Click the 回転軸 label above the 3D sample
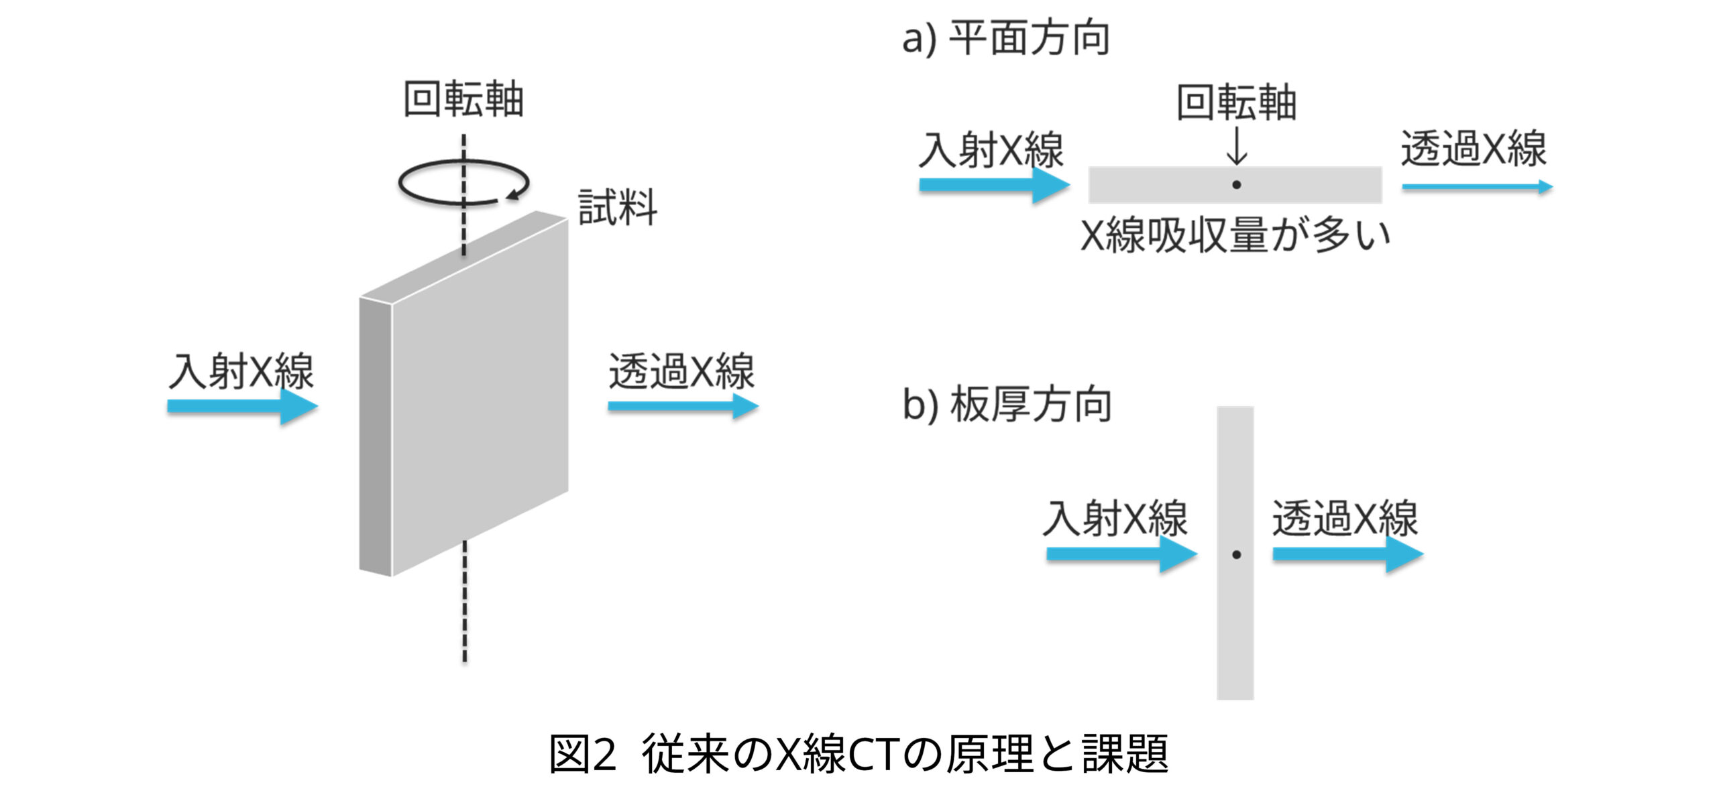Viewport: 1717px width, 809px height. pyautogui.click(x=463, y=101)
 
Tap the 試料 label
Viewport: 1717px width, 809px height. pyautogui.click(x=617, y=208)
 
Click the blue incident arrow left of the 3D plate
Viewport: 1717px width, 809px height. pyautogui.click(x=241, y=406)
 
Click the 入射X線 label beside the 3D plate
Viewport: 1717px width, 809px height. pyautogui.click(x=241, y=371)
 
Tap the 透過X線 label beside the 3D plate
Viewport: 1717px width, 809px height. pyautogui.click(x=681, y=371)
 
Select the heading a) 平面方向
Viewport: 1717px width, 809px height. pyautogui.click(x=1005, y=38)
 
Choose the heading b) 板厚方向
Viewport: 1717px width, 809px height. pyautogui.click(x=1007, y=405)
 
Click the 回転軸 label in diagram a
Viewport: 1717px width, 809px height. pyautogui.click(x=1236, y=103)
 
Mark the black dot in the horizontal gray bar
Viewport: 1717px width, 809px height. pyautogui.click(x=1236, y=185)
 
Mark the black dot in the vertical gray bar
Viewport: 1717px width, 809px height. pyautogui.click(x=1236, y=555)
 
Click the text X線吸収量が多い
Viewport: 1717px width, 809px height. pyautogui.click(x=1235, y=236)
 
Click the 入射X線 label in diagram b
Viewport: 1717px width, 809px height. pyautogui.click(x=1115, y=519)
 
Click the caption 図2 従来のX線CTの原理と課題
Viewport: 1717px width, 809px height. pyautogui.click(x=858, y=754)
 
